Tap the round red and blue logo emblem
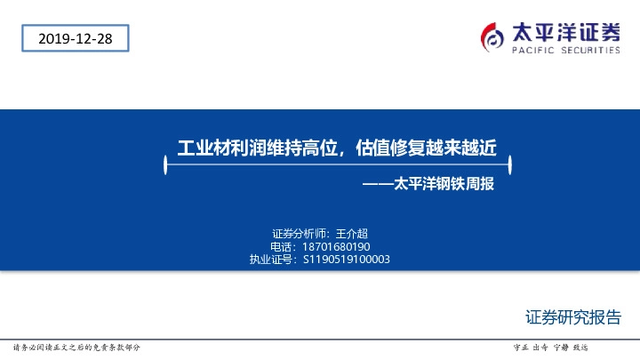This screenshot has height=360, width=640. (x=492, y=36)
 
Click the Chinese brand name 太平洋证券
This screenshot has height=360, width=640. (x=565, y=32)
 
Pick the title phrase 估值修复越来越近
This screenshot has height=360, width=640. (x=424, y=148)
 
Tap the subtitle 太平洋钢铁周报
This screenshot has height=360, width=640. (x=442, y=186)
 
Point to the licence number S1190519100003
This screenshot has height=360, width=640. (x=346, y=260)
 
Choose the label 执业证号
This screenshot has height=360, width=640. (x=272, y=260)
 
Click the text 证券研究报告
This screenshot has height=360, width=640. (x=572, y=317)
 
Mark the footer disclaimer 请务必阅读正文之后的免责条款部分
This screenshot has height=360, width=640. (x=76, y=347)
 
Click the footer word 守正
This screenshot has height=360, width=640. (x=521, y=347)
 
